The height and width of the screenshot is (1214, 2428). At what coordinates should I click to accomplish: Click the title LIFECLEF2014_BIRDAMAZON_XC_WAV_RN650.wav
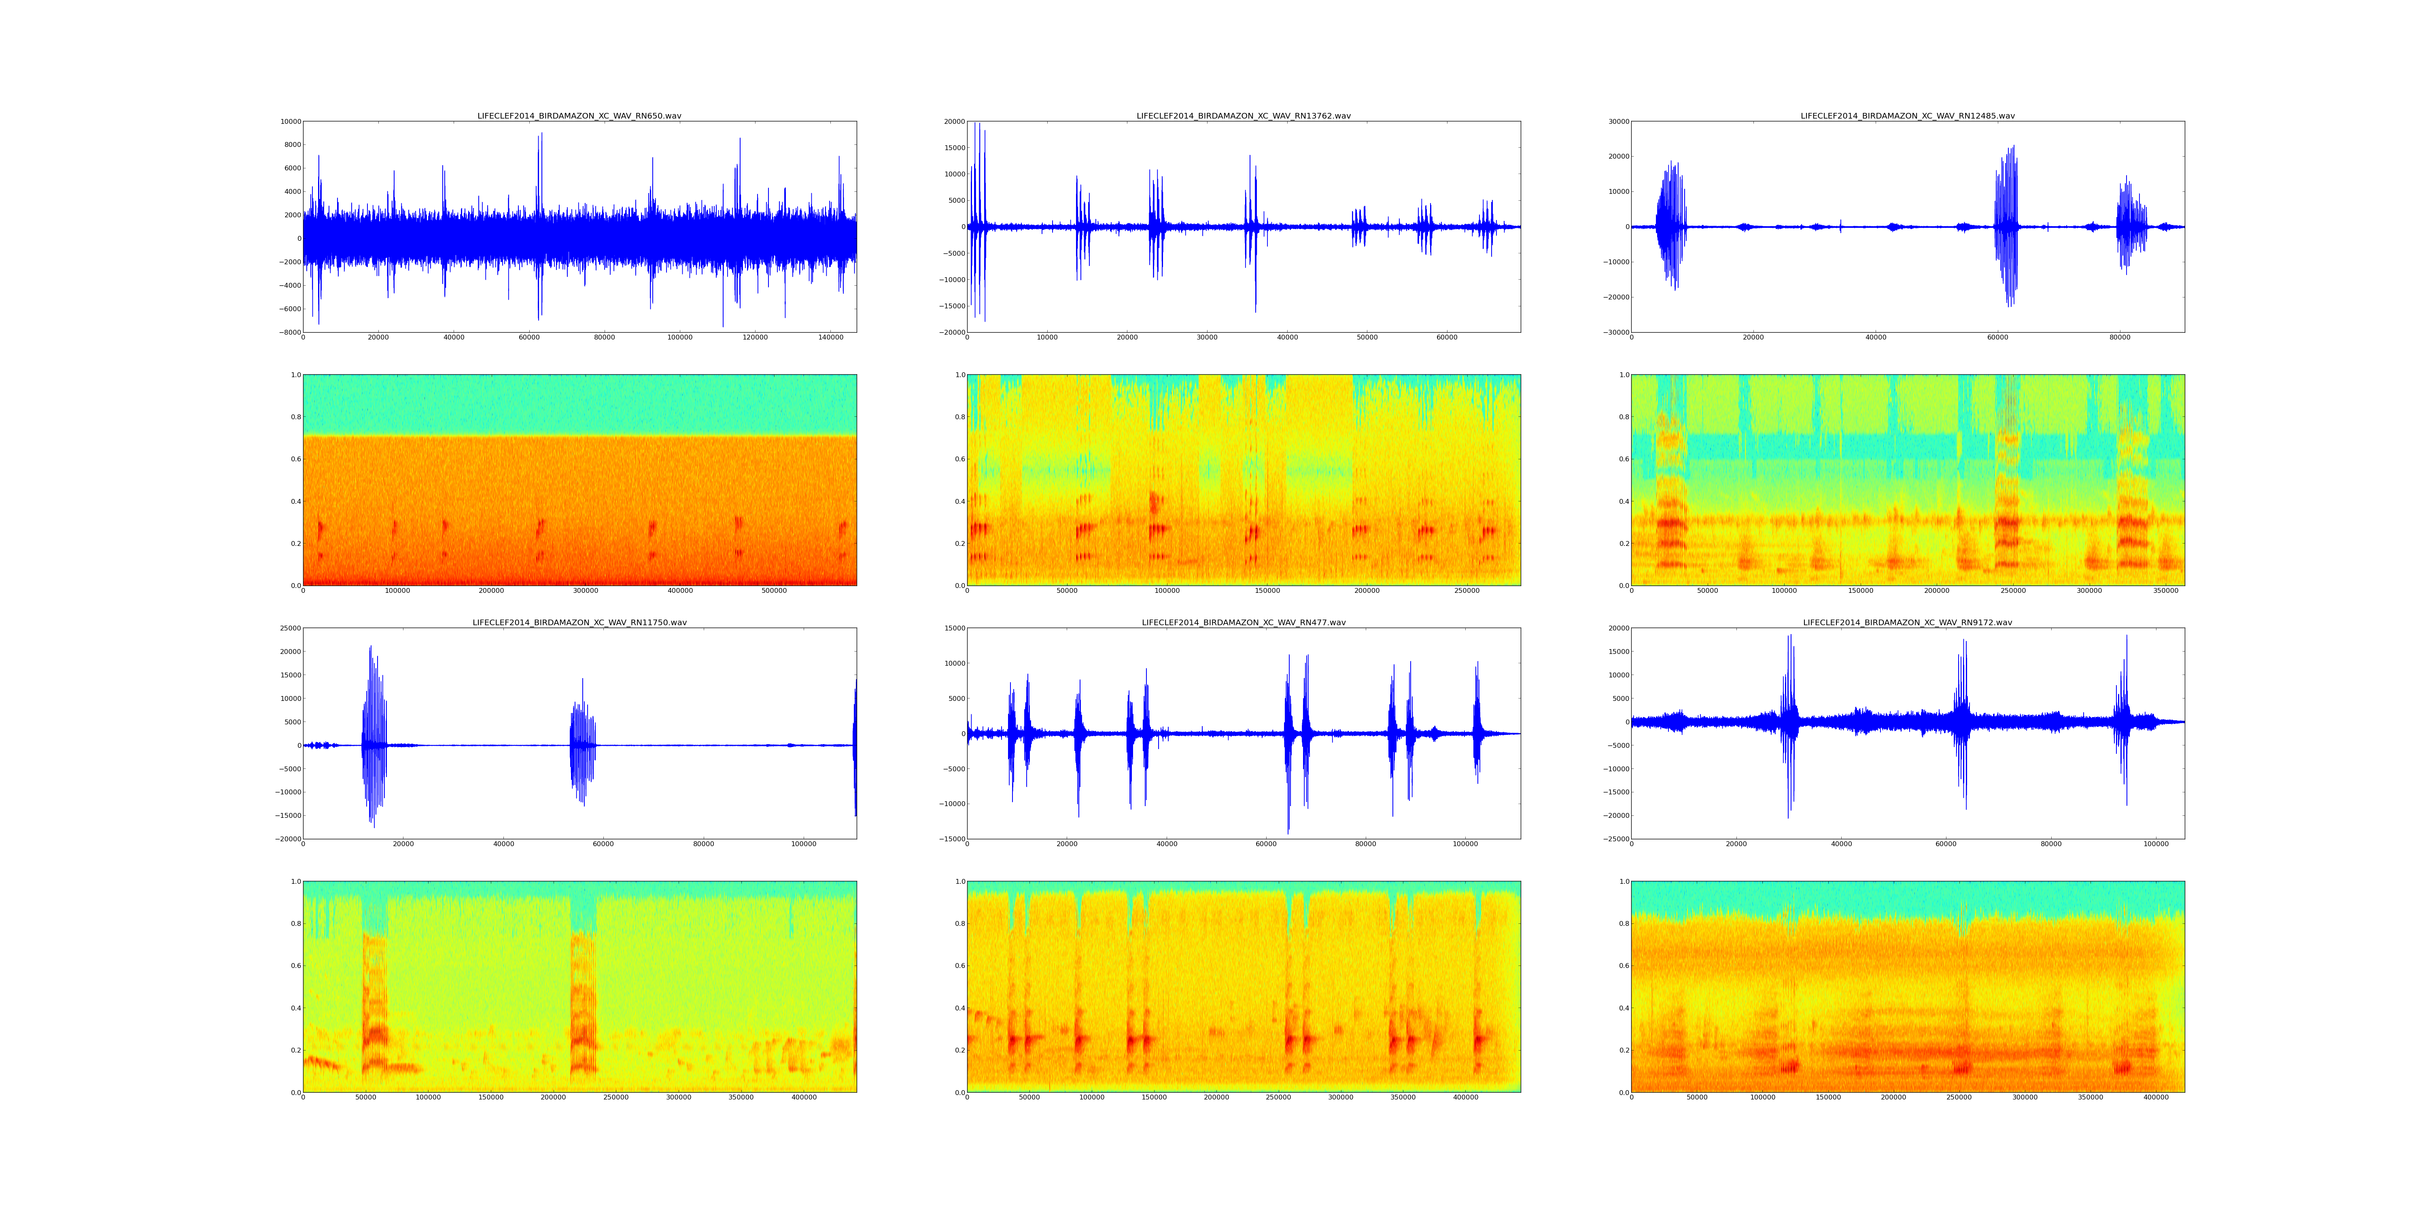pos(579,116)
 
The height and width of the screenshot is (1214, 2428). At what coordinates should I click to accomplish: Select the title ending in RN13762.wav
pos(1243,116)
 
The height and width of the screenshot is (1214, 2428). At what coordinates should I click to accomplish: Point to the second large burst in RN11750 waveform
pos(582,740)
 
